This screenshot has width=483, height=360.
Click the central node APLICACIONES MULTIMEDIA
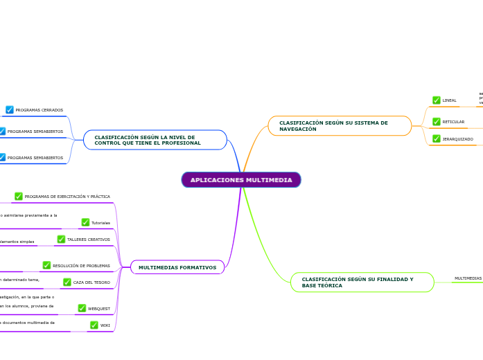[x=241, y=180]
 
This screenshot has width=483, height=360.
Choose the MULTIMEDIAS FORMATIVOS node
[x=177, y=267]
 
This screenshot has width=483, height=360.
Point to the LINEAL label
[x=449, y=100]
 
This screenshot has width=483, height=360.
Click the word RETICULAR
[x=453, y=122]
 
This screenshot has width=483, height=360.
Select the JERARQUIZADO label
[x=457, y=139]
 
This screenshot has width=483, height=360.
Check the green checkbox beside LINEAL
[x=437, y=100]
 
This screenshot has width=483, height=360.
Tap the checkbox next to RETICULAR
[x=437, y=122]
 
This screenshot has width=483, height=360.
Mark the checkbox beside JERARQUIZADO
[x=437, y=139]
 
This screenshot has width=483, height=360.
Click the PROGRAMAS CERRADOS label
[x=39, y=110]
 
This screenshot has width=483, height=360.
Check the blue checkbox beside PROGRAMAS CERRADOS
[x=10, y=110]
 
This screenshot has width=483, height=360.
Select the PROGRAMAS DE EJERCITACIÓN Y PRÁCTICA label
[x=67, y=197]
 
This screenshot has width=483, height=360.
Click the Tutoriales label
[x=100, y=223]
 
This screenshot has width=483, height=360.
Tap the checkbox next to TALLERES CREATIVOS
[x=61, y=240]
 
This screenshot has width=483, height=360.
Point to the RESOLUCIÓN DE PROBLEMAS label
[x=81, y=266]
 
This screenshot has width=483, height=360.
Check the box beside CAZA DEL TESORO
[x=67, y=282]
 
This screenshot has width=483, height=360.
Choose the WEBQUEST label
[x=98, y=309]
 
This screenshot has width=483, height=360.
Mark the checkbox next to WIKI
[x=94, y=325]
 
